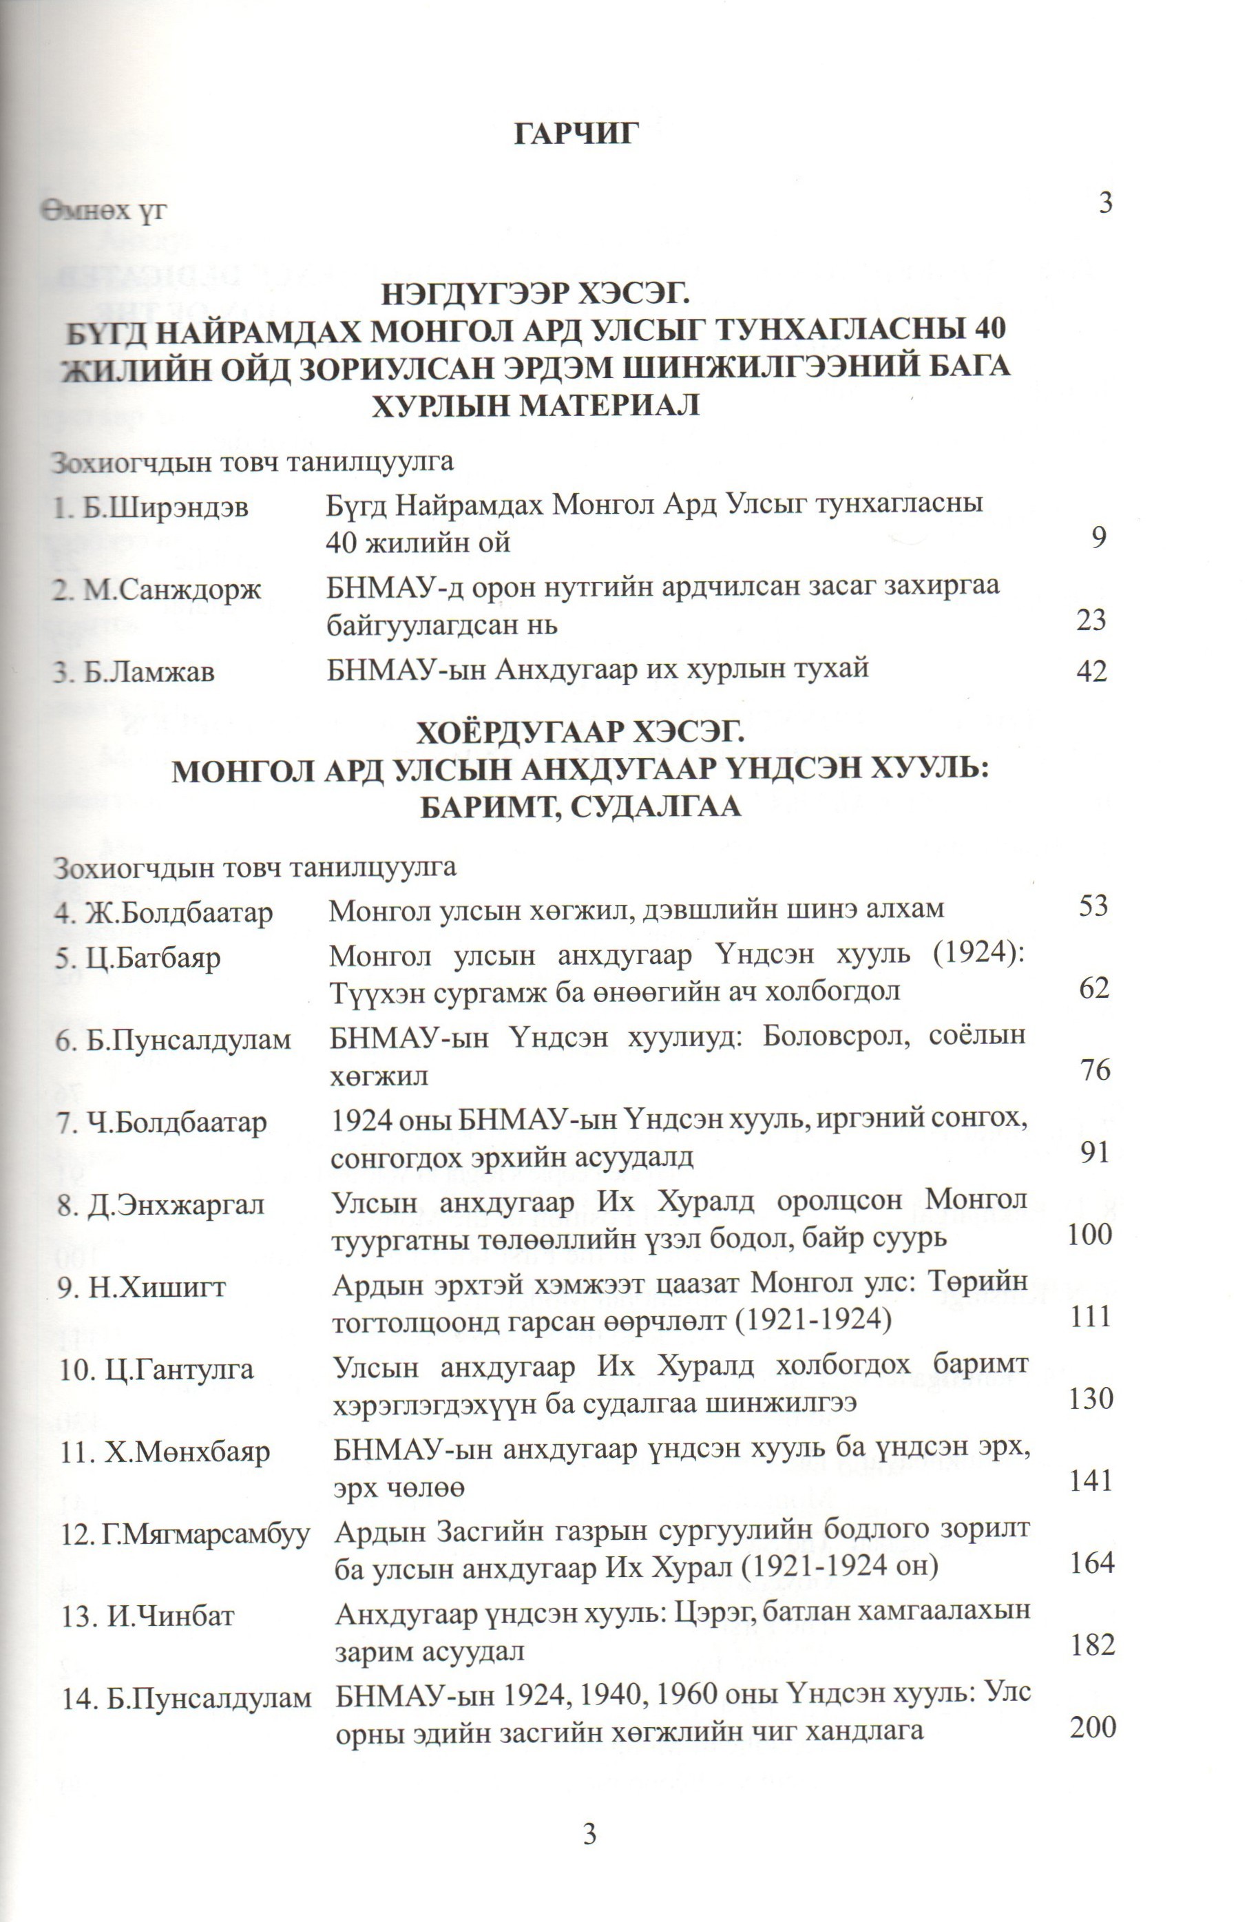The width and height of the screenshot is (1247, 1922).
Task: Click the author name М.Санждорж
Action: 172,590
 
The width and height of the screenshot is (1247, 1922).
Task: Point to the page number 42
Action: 1092,671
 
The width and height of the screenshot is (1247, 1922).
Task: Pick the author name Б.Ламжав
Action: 149,672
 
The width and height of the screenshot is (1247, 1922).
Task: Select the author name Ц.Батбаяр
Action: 153,959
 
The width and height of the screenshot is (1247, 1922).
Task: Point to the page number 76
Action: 1095,1070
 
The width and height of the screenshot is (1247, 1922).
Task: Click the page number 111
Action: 1091,1316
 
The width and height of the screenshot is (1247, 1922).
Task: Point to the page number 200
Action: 1092,1727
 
